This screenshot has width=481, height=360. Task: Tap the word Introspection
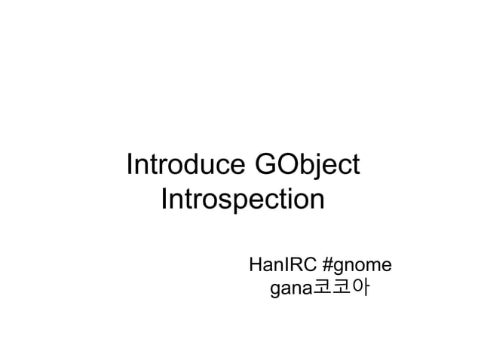[243, 201]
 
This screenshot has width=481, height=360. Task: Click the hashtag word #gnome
[356, 266]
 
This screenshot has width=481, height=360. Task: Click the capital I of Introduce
[130, 165]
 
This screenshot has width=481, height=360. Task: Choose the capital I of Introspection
[164, 201]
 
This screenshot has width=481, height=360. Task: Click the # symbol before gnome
[327, 265]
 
